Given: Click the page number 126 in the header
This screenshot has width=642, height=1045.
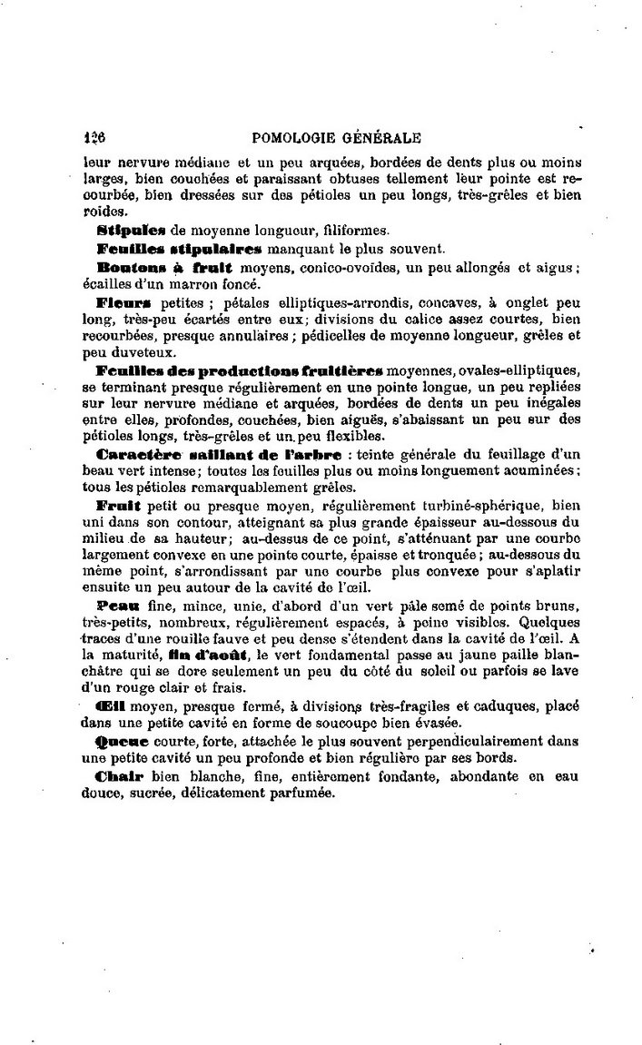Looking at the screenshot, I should point(94,139).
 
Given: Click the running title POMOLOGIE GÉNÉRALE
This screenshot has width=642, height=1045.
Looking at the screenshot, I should point(338,139).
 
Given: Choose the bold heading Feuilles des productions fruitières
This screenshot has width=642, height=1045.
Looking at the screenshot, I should point(239,372).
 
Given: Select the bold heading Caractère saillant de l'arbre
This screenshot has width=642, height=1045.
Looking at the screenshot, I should point(218,454).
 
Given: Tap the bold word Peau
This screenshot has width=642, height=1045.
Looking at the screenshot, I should point(118,602).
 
